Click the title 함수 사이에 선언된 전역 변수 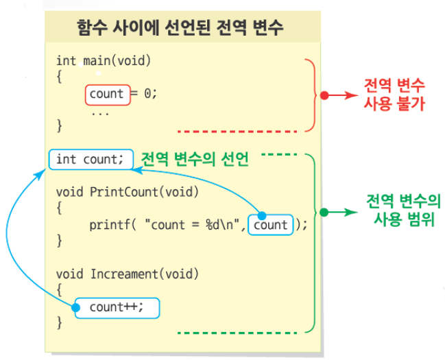181,28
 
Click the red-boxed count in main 107,94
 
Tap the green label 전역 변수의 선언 194,159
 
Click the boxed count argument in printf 271,224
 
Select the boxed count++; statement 117,307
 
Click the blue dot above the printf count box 261,215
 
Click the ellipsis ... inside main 100,111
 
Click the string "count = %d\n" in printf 193,225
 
